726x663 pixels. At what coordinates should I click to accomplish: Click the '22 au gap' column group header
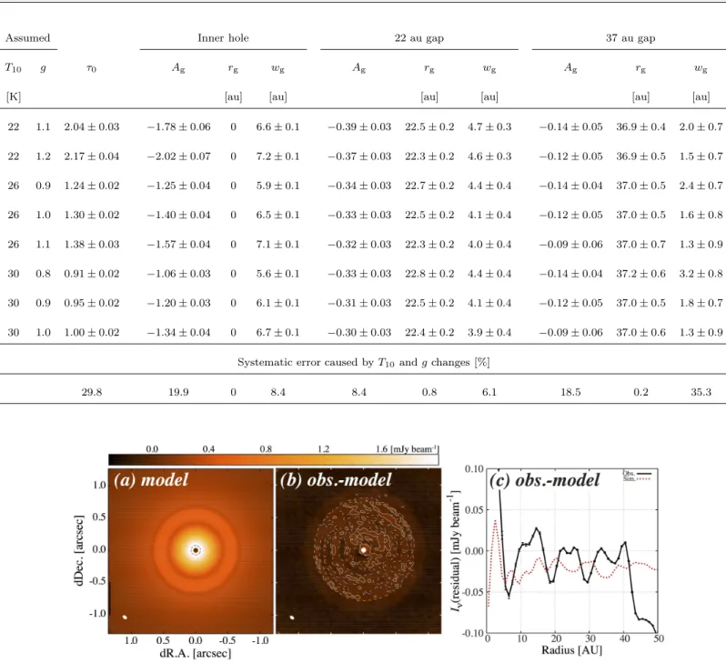[x=419, y=38]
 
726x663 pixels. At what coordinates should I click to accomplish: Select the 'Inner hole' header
[x=223, y=38]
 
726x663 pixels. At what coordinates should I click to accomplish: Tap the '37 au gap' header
[x=630, y=38]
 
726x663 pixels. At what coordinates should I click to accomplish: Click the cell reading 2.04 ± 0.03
[x=92, y=126]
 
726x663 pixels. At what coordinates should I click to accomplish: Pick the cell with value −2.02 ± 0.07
[x=178, y=156]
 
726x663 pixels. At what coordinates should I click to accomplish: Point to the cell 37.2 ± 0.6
[x=640, y=274]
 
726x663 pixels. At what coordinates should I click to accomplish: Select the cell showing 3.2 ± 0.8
[x=701, y=274]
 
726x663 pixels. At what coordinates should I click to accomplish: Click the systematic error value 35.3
[x=701, y=392]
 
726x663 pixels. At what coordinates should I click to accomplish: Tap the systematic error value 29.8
[x=92, y=392]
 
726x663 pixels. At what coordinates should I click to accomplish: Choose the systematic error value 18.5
[x=570, y=392]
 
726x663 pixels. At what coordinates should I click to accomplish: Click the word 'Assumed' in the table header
[x=28, y=38]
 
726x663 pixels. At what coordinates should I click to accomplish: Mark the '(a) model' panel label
[x=151, y=479]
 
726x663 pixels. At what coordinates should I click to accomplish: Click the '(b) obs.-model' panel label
[x=336, y=479]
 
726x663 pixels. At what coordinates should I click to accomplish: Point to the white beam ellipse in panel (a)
[x=125, y=618]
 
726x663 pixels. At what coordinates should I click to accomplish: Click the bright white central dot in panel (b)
[x=364, y=550]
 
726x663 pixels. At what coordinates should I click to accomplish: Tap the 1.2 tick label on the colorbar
[x=324, y=448]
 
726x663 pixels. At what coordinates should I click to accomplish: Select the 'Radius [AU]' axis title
[x=572, y=650]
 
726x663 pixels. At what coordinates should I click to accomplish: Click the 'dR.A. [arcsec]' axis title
[x=196, y=653]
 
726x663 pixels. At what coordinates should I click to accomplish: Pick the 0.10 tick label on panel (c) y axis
[x=474, y=469]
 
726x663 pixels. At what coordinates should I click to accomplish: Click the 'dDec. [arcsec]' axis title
[x=79, y=550]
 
